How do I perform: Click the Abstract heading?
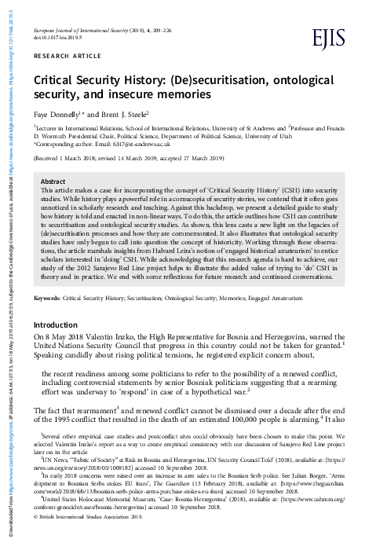[53, 181]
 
